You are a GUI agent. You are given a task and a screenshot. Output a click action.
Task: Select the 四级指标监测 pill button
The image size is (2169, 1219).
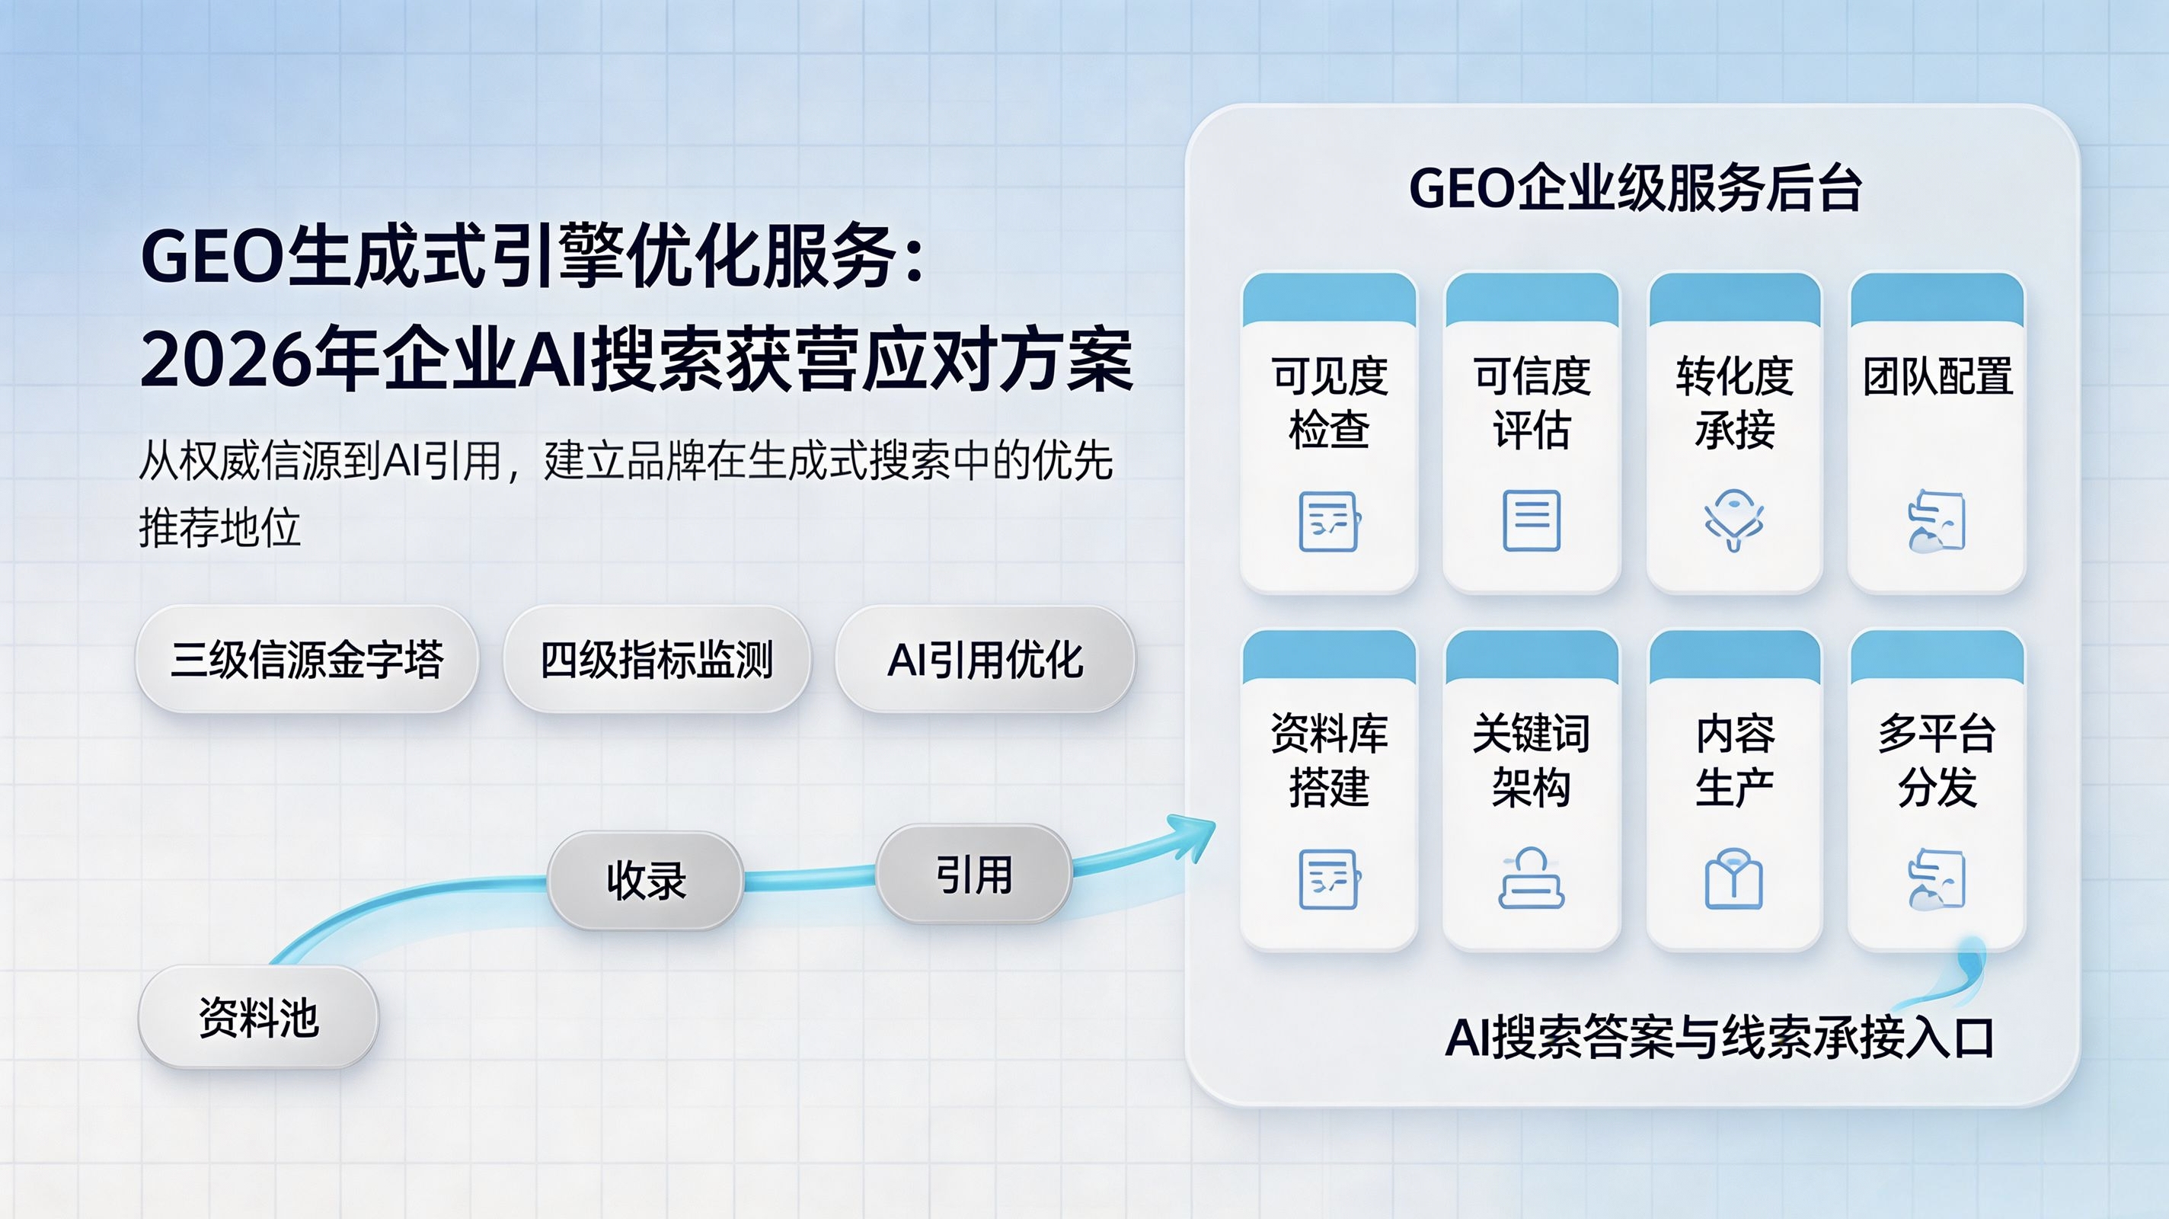(x=656, y=659)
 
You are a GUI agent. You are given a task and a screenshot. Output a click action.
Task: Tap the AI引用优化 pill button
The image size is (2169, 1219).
(x=985, y=659)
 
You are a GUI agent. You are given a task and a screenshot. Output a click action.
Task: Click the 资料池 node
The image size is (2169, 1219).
(x=258, y=1017)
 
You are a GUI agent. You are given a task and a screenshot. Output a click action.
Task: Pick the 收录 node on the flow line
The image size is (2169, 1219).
(x=646, y=880)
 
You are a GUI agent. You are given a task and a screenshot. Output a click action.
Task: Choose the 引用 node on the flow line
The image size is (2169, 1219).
(x=974, y=874)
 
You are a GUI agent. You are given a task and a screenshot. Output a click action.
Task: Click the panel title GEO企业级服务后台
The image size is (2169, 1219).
(x=1635, y=188)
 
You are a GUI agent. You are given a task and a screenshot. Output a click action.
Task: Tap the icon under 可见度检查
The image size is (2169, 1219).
(x=1330, y=520)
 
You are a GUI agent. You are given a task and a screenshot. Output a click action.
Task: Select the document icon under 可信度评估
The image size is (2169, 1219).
(x=1532, y=520)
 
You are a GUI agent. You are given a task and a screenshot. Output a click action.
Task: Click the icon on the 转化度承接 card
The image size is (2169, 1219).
(x=1733, y=520)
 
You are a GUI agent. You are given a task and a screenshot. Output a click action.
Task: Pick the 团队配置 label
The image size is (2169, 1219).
(x=1937, y=376)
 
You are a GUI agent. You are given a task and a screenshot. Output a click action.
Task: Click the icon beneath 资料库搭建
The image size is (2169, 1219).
(x=1330, y=879)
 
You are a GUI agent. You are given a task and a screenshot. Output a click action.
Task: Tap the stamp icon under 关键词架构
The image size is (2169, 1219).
(x=1532, y=878)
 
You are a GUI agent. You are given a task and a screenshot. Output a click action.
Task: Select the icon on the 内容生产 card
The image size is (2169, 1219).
(x=1733, y=878)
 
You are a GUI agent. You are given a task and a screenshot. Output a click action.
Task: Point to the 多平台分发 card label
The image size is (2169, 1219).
(x=1937, y=760)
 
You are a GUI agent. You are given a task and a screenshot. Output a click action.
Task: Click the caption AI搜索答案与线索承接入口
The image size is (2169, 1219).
(x=1720, y=1037)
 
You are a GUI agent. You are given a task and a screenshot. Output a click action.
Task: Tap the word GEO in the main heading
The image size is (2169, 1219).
(x=212, y=257)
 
